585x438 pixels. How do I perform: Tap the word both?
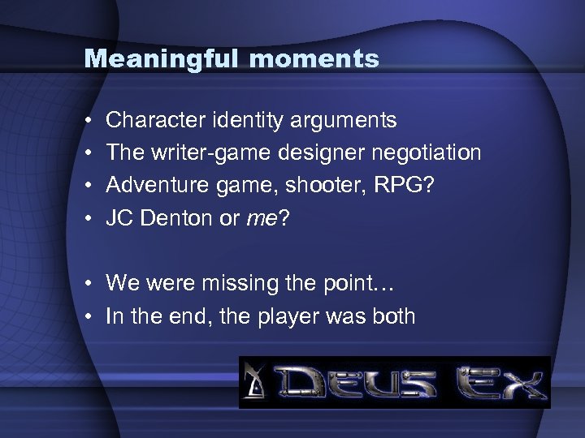point(392,316)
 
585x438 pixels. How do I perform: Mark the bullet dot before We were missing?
point(87,284)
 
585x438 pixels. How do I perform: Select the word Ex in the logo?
point(500,382)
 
